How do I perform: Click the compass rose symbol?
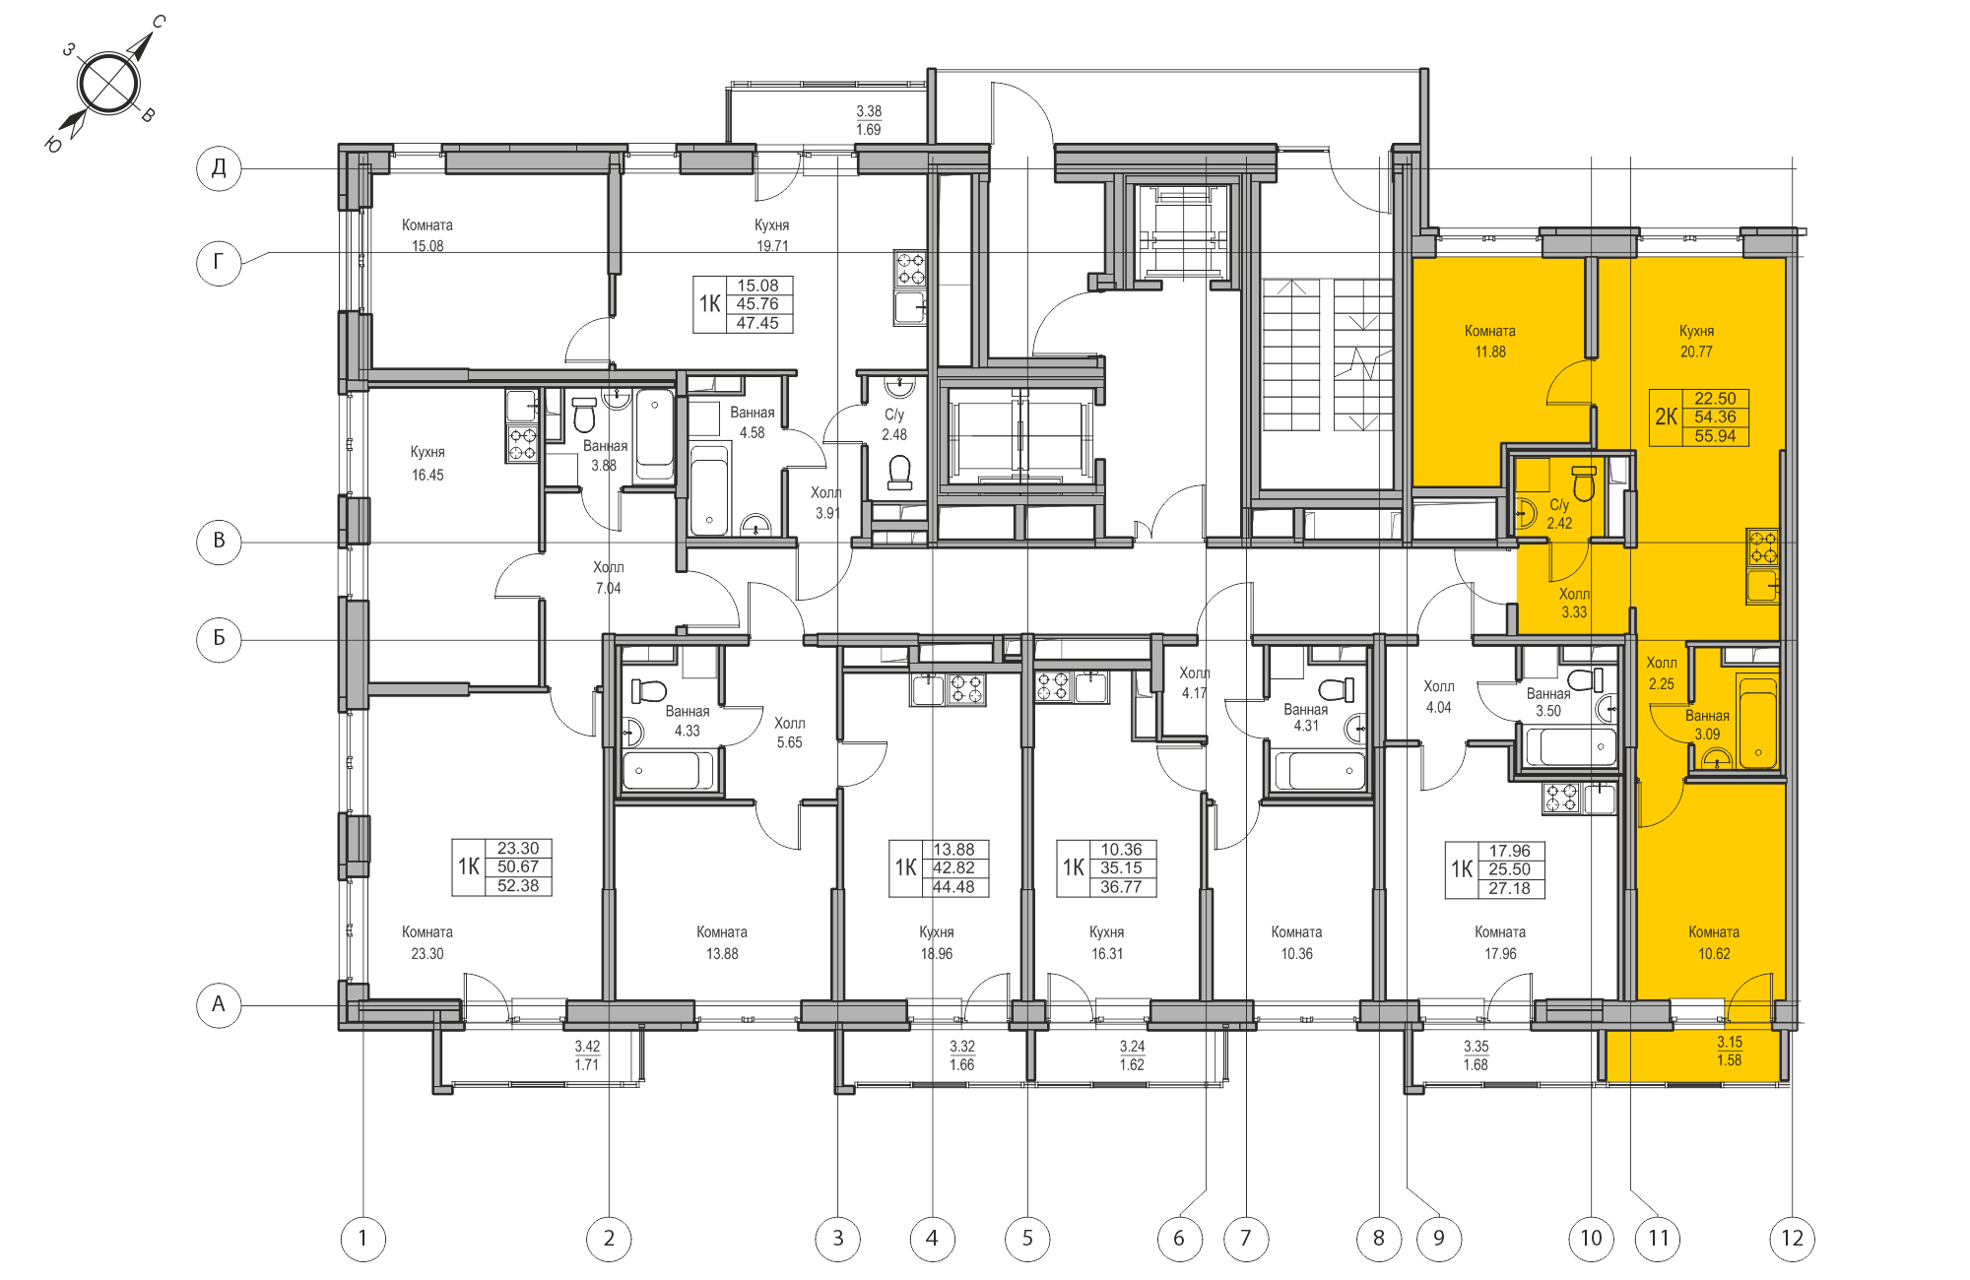pos(108,84)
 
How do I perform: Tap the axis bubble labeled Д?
pos(219,168)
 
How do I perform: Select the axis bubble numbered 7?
pos(1246,1238)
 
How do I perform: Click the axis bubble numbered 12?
pos(1792,1238)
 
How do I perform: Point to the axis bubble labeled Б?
pos(219,639)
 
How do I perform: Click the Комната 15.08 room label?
pos(427,235)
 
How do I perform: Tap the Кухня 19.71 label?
pos(772,235)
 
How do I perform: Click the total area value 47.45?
pos(757,323)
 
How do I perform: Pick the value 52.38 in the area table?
pos(518,885)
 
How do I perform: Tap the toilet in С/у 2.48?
pos(899,473)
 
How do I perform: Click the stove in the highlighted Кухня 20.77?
pos(1762,547)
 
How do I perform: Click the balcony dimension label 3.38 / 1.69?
pos(869,120)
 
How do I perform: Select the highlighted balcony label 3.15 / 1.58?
pos(1730,1051)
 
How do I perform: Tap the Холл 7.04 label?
pos(609,577)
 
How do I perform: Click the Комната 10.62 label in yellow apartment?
pos(1714,942)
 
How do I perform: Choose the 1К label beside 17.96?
pos(1462,869)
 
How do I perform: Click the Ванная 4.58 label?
pos(753,422)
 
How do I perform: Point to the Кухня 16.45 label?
pos(427,463)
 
